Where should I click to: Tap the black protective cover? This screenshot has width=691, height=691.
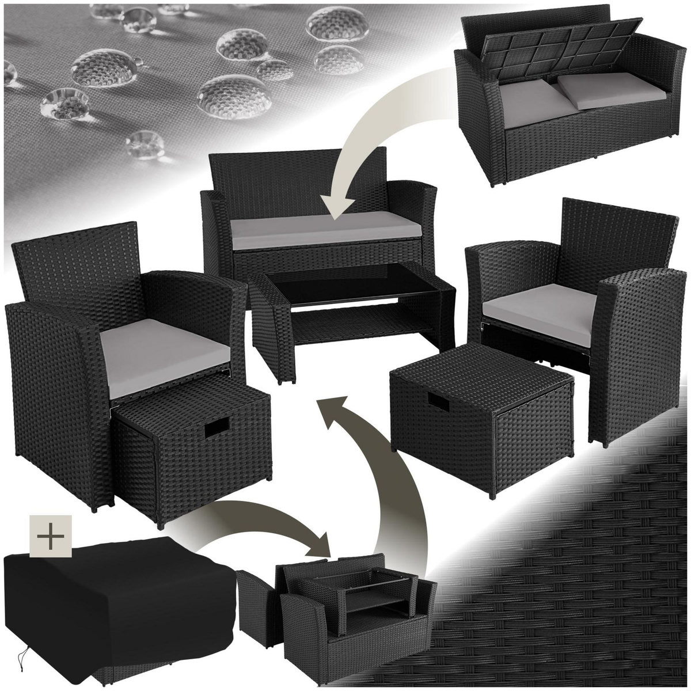(115, 599)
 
